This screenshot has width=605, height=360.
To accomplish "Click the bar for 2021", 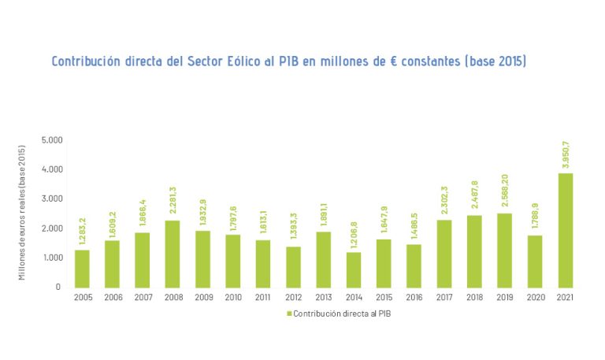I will click(565, 230).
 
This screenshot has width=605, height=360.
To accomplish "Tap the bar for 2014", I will click(354, 269).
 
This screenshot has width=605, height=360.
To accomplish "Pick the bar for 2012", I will click(293, 267).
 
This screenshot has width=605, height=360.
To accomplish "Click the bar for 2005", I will click(82, 269).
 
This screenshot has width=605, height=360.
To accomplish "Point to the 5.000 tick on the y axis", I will click(52, 140).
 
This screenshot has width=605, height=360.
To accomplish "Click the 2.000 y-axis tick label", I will click(52, 228).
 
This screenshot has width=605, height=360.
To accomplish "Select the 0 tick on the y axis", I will click(58, 288).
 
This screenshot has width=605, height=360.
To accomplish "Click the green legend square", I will click(288, 314).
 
